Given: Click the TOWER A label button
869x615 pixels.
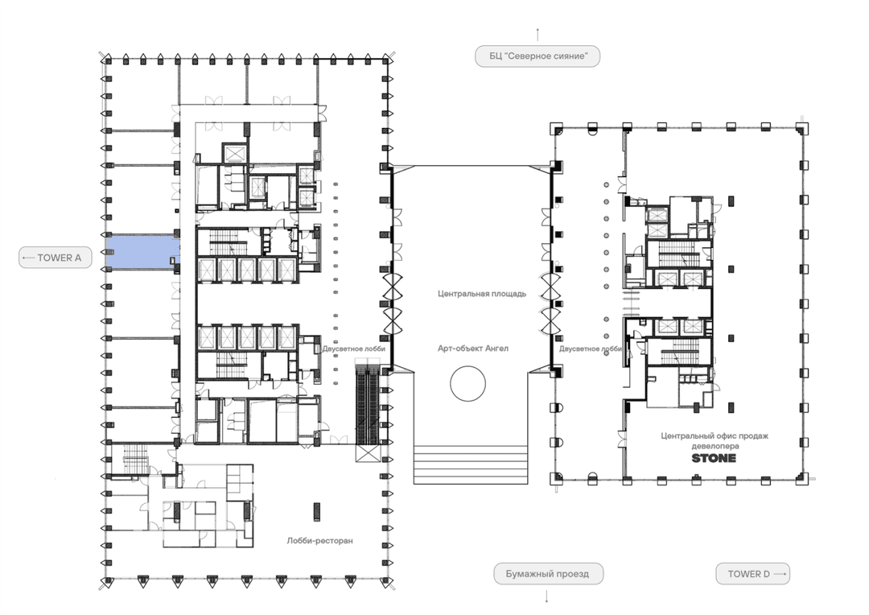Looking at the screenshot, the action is [56, 258].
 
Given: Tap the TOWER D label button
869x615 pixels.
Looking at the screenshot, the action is [752, 574].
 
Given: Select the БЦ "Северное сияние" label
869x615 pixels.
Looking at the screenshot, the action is [537, 56].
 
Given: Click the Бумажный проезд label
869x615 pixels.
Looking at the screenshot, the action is [548, 574].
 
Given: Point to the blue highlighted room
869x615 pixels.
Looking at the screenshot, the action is [142, 252].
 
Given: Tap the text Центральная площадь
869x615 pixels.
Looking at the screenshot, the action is [482, 294].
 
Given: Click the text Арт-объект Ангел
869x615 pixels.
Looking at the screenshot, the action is [473, 349].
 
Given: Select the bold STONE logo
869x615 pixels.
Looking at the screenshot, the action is [714, 458].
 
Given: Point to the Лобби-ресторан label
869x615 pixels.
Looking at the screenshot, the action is [319, 541].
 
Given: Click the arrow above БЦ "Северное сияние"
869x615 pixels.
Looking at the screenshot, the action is [537, 35].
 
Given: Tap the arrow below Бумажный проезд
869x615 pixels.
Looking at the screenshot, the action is [547, 596].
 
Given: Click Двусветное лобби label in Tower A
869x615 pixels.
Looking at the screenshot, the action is [353, 349].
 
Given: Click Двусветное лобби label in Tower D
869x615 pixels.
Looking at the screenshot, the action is [591, 349].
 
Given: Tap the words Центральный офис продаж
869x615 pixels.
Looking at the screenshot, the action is [715, 435].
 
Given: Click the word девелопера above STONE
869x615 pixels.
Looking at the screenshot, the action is [715, 446].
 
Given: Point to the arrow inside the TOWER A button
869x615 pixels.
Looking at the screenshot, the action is [28, 258].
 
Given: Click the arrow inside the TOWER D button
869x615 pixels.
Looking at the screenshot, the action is [780, 574].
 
